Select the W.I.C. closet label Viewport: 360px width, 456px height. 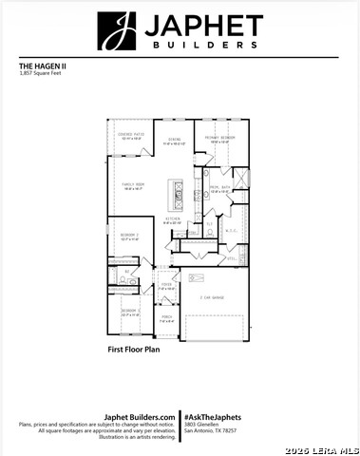(229, 229)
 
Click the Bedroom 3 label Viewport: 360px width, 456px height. (129, 312)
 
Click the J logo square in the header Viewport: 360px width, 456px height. (116, 31)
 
